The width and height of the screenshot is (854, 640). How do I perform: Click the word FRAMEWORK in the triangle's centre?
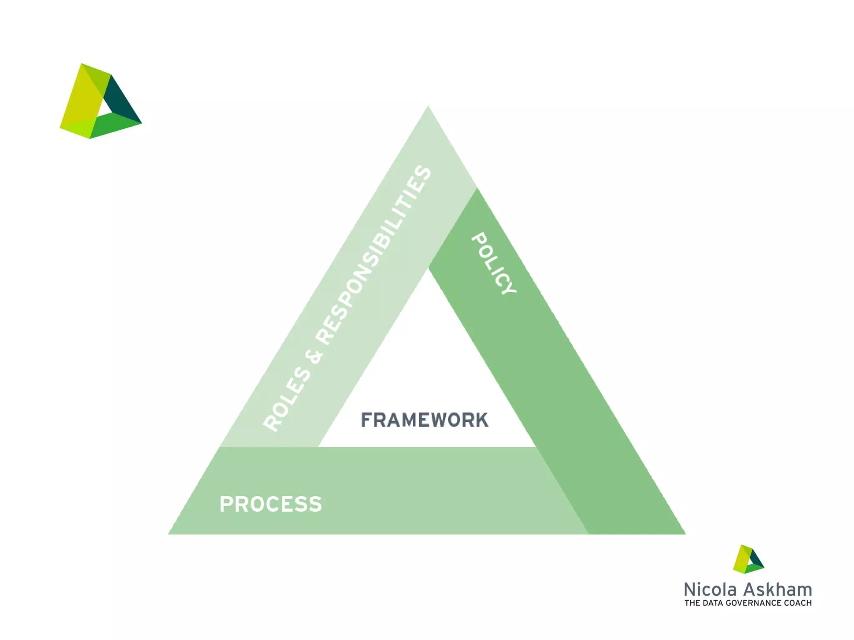[x=424, y=420]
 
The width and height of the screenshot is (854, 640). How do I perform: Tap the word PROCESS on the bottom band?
[x=271, y=504]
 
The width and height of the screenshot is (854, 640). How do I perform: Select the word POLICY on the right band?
[x=494, y=263]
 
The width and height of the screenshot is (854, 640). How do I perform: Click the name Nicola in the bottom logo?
[x=711, y=590]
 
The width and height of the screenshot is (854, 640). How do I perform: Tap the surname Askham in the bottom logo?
[x=777, y=590]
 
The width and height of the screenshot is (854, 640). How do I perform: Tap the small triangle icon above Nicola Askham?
[x=748, y=559]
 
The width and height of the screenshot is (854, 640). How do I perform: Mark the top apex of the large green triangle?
[x=428, y=107]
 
